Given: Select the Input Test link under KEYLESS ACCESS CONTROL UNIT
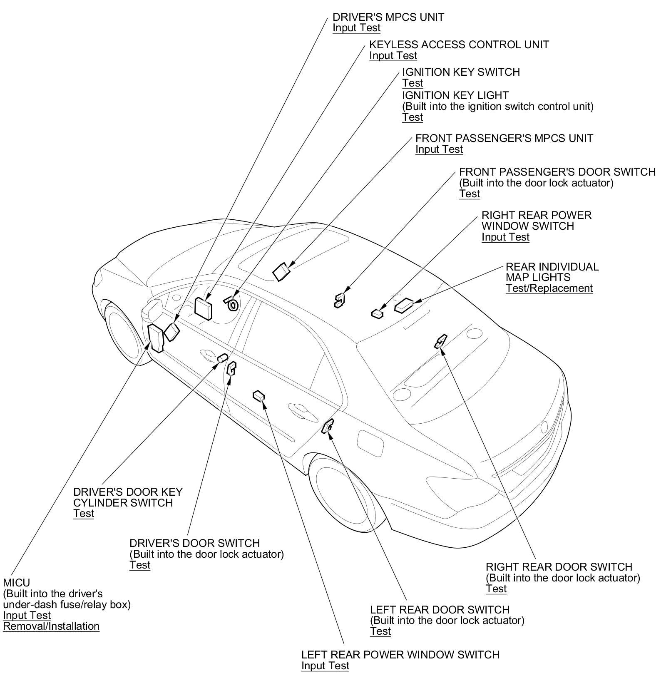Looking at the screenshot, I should point(393,55).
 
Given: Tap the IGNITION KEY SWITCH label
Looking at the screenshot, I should point(461,72).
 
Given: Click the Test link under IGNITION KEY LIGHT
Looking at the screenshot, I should point(412,117).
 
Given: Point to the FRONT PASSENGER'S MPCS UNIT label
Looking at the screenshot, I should point(504,138).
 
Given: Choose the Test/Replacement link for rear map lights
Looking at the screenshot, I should point(549,288).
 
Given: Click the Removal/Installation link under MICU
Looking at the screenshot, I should point(51,626).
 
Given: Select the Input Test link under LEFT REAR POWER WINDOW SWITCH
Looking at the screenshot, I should point(325,666).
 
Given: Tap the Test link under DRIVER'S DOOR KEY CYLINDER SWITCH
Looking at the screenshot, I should point(84,513).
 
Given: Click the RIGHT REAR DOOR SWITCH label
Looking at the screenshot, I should point(559,567).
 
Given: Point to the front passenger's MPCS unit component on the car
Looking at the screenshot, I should point(282,271).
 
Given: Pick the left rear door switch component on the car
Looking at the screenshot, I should point(328,426).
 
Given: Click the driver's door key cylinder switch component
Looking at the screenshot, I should point(223,358).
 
